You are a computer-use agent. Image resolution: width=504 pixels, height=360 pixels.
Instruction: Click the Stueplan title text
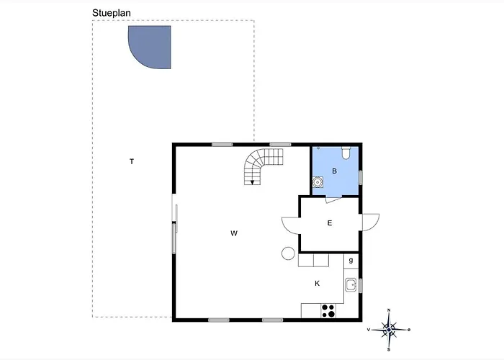pos(115,13)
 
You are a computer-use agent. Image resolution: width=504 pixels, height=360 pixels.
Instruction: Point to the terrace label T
pos(131,161)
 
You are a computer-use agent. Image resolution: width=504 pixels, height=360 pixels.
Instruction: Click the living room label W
pos(234,233)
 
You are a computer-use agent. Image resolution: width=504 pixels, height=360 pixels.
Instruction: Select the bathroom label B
pos(334,171)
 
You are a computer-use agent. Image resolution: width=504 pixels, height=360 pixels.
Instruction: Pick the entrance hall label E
pos(330,223)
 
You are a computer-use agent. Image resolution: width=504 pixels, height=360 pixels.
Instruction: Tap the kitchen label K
pos(317,284)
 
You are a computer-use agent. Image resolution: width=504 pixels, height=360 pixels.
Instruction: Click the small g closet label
pos(351,260)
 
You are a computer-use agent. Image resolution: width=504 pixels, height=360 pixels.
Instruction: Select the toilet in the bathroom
pos(346,153)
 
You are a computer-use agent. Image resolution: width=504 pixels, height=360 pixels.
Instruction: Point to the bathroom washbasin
pos(318,183)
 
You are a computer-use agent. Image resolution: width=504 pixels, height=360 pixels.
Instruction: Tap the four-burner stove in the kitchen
pos(329,310)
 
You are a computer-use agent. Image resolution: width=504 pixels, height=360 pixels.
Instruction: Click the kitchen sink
pos(351,285)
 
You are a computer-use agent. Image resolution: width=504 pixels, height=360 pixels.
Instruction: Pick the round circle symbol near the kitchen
pos(287,253)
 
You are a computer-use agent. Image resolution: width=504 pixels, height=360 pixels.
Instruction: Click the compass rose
pos(390,329)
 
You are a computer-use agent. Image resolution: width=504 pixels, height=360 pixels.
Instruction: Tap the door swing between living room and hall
pos(291,225)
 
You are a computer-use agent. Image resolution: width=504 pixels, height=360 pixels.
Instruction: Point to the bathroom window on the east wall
pos(361,176)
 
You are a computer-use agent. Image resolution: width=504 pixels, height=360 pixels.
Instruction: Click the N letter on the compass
pos(390,310)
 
